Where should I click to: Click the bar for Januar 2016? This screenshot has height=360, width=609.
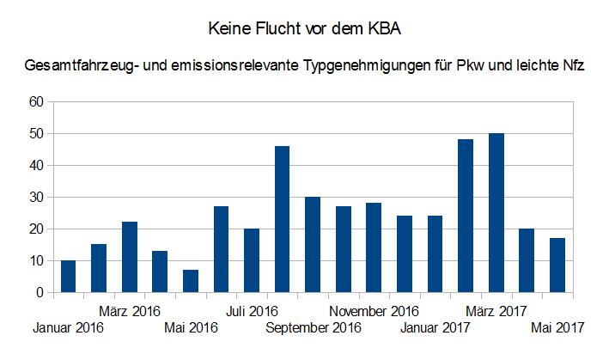pyautogui.click(x=68, y=277)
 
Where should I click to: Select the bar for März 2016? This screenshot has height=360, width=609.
pyautogui.click(x=129, y=258)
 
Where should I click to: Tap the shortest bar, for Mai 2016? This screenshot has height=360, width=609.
pyautogui.click(x=190, y=282)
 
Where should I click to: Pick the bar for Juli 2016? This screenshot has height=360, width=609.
pyautogui.click(x=251, y=260)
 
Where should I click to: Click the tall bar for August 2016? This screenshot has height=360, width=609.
pyautogui.click(x=282, y=219)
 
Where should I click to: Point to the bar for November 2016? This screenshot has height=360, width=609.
pyautogui.click(x=373, y=248)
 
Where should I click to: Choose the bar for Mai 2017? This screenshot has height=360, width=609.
pyautogui.click(x=556, y=265)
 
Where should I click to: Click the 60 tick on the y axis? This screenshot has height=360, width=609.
pyautogui.click(x=35, y=101)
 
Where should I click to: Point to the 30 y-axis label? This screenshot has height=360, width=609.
pyautogui.click(x=35, y=197)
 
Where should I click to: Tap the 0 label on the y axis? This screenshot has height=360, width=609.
pyautogui.click(x=39, y=293)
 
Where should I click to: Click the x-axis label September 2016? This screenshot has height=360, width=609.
pyautogui.click(x=314, y=327)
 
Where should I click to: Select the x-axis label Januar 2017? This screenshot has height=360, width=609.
pyautogui.click(x=435, y=327)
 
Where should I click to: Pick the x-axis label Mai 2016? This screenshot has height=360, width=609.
pyautogui.click(x=191, y=327)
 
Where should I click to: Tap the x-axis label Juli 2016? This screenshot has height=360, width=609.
pyautogui.click(x=251, y=310)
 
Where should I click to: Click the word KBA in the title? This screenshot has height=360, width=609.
pyautogui.click(x=384, y=29)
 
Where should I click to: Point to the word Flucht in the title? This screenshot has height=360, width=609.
pyautogui.click(x=279, y=29)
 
